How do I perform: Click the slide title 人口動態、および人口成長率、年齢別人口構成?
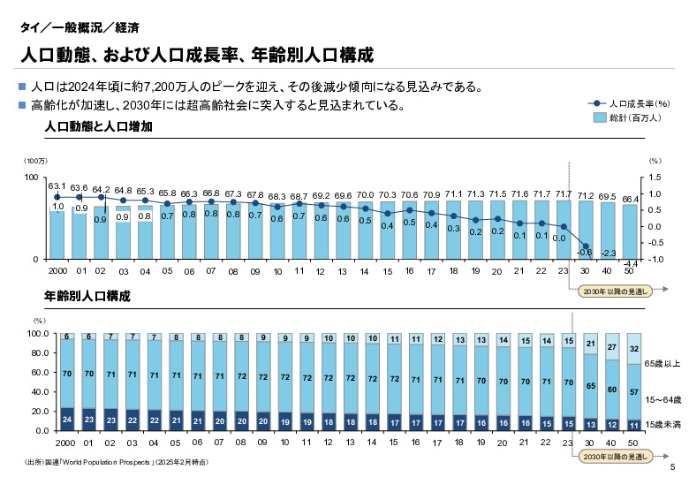point(196,55)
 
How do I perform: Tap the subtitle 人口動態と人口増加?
point(99,127)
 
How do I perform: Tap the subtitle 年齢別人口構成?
point(87,297)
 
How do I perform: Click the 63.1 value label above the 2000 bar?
point(57,186)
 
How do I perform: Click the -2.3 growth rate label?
point(608,253)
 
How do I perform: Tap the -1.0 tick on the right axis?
point(655,259)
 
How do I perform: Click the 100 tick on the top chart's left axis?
point(29,178)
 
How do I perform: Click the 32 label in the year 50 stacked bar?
point(633,348)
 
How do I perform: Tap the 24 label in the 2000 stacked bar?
point(67,419)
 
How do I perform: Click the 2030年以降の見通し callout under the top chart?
point(614,290)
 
